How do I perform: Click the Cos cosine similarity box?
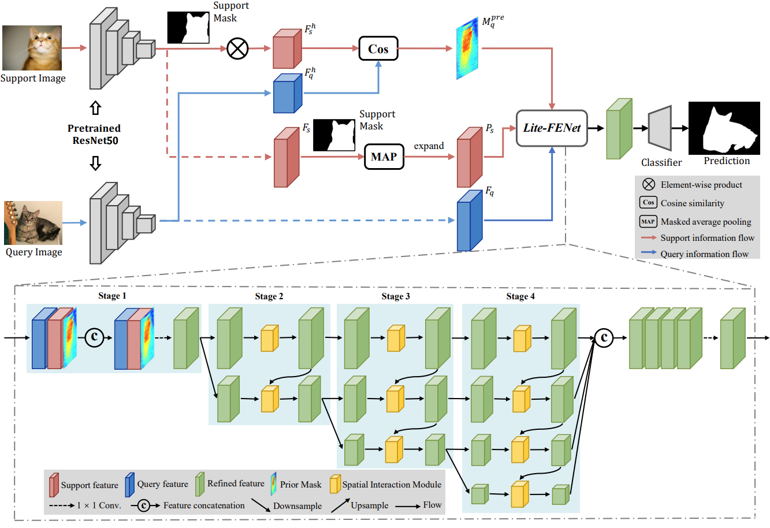coord(378,49)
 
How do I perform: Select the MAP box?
coord(384,157)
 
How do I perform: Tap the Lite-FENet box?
coord(552,128)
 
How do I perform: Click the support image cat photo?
coord(32,48)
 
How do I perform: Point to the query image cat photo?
coord(34,223)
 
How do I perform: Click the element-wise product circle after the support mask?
coord(237,49)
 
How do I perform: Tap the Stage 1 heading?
coord(112,296)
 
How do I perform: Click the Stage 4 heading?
coord(520,296)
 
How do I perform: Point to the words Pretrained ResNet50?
coord(94,134)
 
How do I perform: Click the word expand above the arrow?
coord(429,146)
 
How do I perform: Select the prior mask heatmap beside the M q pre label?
coord(467,49)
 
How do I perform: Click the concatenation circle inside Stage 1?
coord(95,338)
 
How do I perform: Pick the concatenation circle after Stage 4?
coord(604,337)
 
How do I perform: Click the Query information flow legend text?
coord(704,254)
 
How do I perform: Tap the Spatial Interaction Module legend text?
coord(392,485)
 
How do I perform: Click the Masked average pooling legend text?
coord(706,222)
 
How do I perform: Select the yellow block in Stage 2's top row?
coord(269,339)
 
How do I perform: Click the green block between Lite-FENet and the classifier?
coord(619,129)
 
